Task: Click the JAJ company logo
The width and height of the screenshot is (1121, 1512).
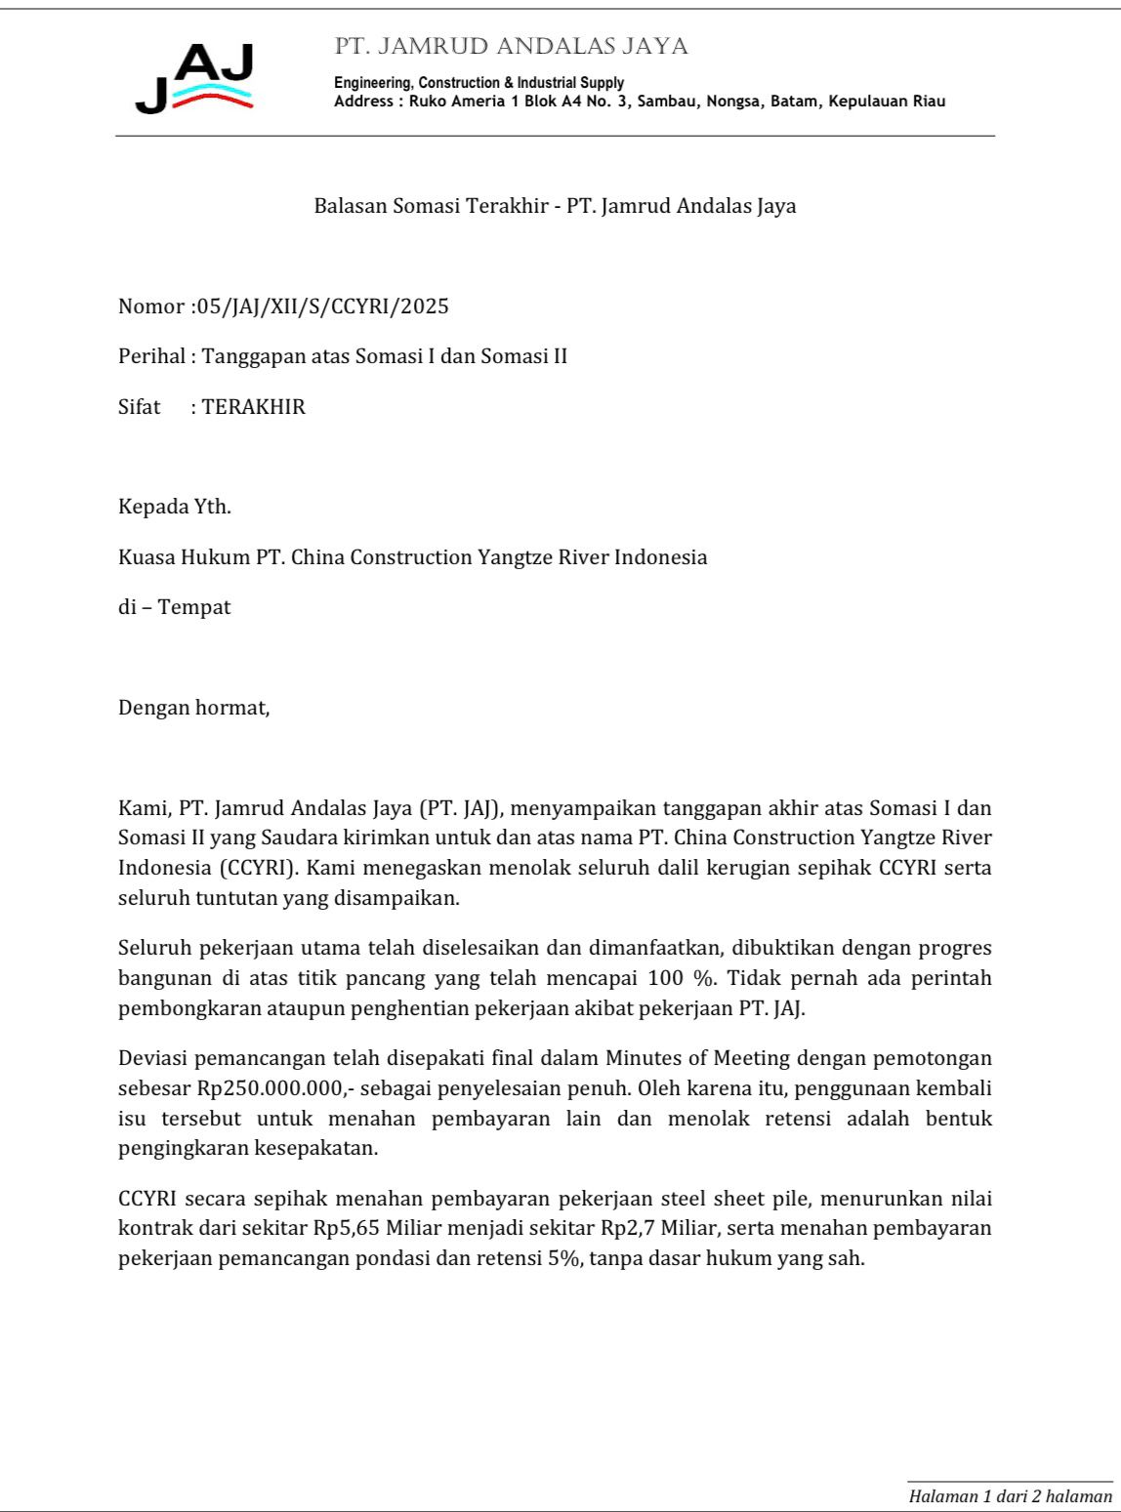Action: click(195, 78)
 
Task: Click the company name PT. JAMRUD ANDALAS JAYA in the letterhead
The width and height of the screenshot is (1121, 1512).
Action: click(511, 47)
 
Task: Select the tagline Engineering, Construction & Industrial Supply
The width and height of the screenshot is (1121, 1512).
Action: click(478, 83)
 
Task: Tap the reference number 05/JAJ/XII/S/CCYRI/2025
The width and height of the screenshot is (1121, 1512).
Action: click(322, 306)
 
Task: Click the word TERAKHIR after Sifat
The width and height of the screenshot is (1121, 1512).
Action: click(254, 407)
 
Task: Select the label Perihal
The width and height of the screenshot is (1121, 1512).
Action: click(151, 356)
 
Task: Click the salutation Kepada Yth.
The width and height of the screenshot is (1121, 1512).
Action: click(175, 508)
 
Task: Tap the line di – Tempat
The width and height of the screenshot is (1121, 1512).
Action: click(175, 607)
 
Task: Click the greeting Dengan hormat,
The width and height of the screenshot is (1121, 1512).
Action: click(193, 708)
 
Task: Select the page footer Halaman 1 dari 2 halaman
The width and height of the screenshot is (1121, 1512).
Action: click(1010, 1495)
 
